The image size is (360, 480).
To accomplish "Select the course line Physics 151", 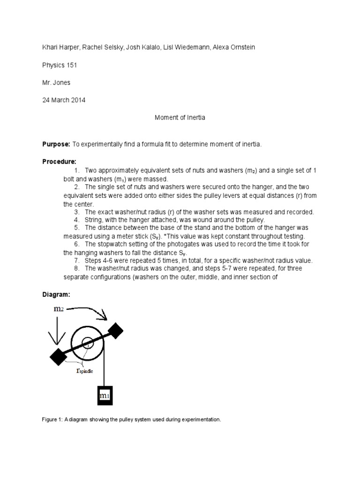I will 60,65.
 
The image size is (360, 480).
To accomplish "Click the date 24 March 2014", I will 64,100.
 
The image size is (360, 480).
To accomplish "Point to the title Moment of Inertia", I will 180,118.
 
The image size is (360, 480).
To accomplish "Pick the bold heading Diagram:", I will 56,294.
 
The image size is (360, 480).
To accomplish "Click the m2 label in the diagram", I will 59,309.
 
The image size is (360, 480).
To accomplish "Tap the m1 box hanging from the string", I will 105,396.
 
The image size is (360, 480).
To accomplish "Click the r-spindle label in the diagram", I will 84,370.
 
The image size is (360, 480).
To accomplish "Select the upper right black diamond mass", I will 114,331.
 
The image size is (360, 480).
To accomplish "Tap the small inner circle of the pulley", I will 89,344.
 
